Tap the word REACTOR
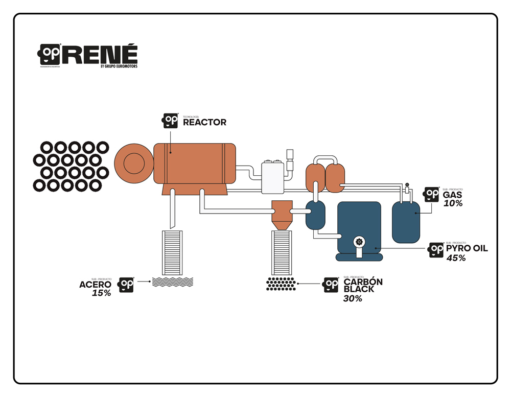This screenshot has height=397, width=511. click(x=204, y=123)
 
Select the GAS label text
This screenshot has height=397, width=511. click(x=453, y=195)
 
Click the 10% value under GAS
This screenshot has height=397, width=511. click(x=453, y=203)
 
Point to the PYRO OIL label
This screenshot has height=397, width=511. click(x=467, y=249)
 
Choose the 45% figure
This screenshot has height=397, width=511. click(x=456, y=258)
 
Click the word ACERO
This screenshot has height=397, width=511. click(x=95, y=285)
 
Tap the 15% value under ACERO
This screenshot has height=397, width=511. click(x=101, y=293)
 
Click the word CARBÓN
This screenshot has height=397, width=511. click(x=363, y=282)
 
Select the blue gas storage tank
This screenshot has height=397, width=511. click(x=406, y=221)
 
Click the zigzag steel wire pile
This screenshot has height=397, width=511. click(x=172, y=282)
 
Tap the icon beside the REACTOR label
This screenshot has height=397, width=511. click(x=170, y=121)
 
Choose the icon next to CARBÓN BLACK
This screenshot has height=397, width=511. click(x=331, y=285)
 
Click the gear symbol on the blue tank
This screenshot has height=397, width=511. click(x=359, y=242)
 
